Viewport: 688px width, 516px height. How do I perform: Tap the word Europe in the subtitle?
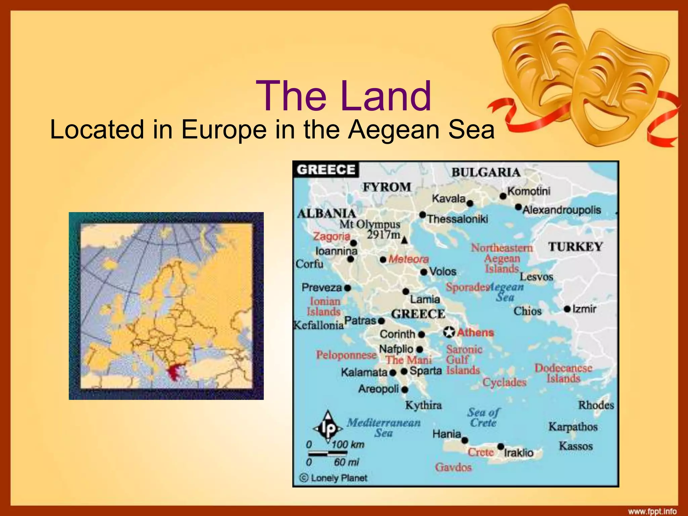(x=224, y=130)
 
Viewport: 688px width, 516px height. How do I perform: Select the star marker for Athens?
(x=449, y=332)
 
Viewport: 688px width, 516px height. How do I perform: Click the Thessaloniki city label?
(x=458, y=219)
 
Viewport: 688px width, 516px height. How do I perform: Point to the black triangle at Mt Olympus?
(x=404, y=240)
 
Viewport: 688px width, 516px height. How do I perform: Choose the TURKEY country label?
(x=575, y=247)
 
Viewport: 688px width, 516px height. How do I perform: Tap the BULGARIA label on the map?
(x=485, y=173)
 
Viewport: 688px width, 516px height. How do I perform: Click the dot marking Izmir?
(x=567, y=309)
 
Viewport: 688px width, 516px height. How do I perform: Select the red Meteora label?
(x=408, y=259)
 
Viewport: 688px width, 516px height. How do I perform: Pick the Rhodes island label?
(x=596, y=405)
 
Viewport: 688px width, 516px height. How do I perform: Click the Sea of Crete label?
(x=483, y=417)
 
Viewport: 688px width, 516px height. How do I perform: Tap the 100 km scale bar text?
(x=348, y=445)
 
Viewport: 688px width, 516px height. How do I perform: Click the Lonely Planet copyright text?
(x=333, y=478)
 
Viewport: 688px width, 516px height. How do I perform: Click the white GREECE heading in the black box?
(x=326, y=170)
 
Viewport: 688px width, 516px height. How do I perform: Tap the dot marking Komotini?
(x=503, y=196)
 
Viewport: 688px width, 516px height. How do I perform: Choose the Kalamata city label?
(x=364, y=372)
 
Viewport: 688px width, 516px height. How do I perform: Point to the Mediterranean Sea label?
(x=384, y=427)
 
